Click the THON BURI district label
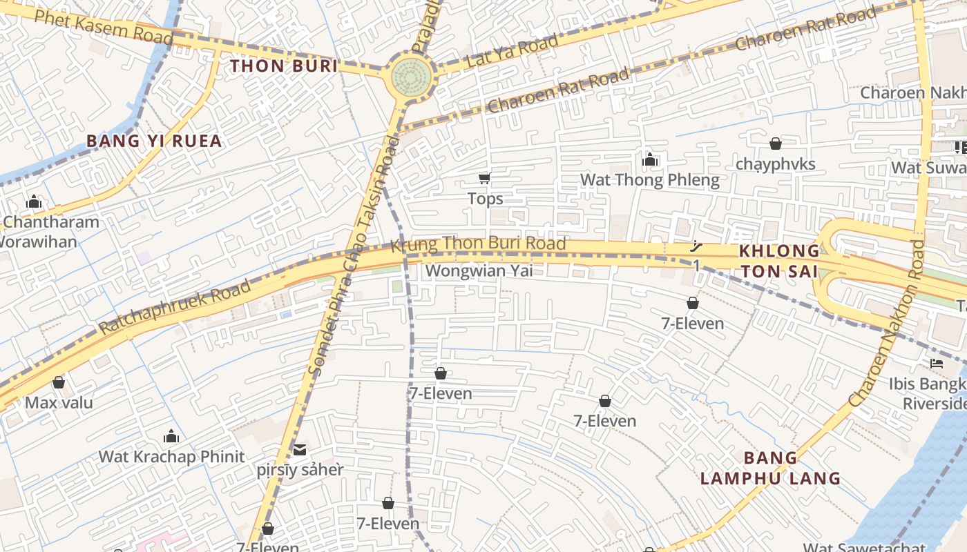tap(284, 66)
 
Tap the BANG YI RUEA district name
tap(154, 141)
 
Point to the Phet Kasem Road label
tap(104, 27)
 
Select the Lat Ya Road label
tap(512, 52)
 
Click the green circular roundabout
tap(411, 79)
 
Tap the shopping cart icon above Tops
tap(485, 179)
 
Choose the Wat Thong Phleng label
tap(649, 181)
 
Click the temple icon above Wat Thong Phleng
tap(649, 161)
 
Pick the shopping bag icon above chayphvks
tap(776, 144)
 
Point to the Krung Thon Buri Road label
tap(478, 244)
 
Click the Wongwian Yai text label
tap(479, 270)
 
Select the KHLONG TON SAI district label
tap(779, 260)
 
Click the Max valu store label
tap(59, 402)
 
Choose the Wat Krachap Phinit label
tap(171, 456)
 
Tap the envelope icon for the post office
tap(300, 450)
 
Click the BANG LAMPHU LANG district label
tap(770, 468)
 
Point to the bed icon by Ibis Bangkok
tap(937, 364)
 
